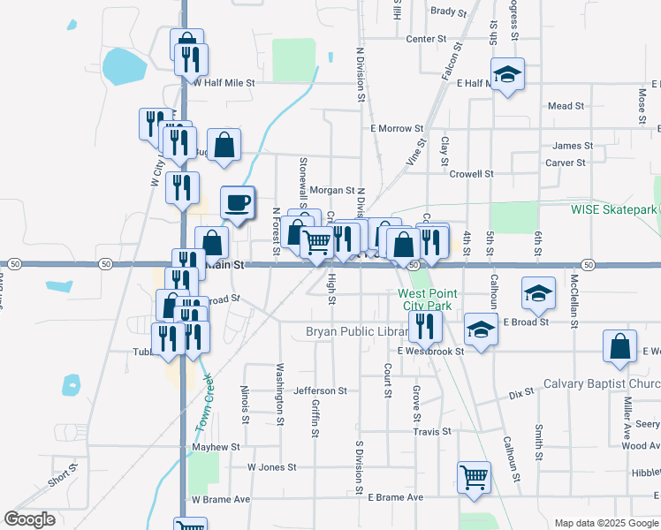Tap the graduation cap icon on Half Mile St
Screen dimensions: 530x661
point(508,75)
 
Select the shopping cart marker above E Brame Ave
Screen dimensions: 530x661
point(475,477)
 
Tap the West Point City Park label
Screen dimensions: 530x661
point(425,299)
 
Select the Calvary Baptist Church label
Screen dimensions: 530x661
point(601,383)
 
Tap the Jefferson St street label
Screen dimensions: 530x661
point(321,390)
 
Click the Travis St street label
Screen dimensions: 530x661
point(432,432)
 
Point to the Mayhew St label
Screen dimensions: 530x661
point(217,448)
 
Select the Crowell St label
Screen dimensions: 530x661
point(470,174)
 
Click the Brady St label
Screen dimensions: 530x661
point(448,11)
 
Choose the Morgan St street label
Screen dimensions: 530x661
point(331,190)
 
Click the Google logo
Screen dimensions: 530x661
point(29,519)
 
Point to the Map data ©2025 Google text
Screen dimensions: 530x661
point(605,523)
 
